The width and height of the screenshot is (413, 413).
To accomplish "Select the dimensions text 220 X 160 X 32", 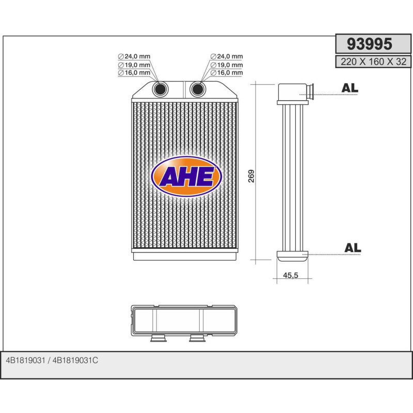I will click(373, 62).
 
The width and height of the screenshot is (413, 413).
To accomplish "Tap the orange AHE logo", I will click(186, 177).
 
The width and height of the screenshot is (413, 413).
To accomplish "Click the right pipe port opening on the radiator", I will click(197, 89).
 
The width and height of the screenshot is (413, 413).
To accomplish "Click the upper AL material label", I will click(350, 88).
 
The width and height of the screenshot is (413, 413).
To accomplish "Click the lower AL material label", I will click(352, 248).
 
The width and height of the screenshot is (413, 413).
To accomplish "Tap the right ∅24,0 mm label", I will click(226, 56).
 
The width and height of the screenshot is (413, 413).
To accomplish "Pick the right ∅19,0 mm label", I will click(226, 65).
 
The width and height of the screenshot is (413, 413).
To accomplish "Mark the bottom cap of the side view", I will click(292, 255).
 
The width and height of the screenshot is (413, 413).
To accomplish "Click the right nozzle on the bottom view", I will click(197, 339).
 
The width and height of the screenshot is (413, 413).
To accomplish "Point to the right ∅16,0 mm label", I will click(226, 73).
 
